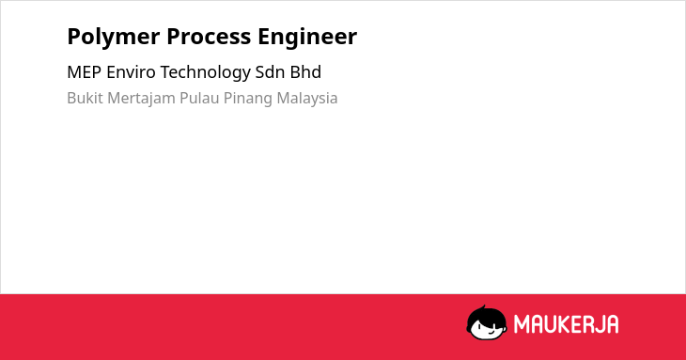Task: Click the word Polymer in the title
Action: coord(114,38)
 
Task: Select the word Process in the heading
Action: coord(209,37)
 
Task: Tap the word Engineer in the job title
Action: coord(307,38)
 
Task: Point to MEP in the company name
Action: coord(84,72)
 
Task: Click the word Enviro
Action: coord(131,72)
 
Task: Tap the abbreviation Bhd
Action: coord(305,72)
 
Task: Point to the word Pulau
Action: coord(199,98)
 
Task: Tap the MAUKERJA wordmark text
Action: coord(566,324)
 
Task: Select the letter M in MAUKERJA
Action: coord(522,324)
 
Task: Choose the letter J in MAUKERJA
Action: coord(598,324)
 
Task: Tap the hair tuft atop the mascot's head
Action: coord(483,307)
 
